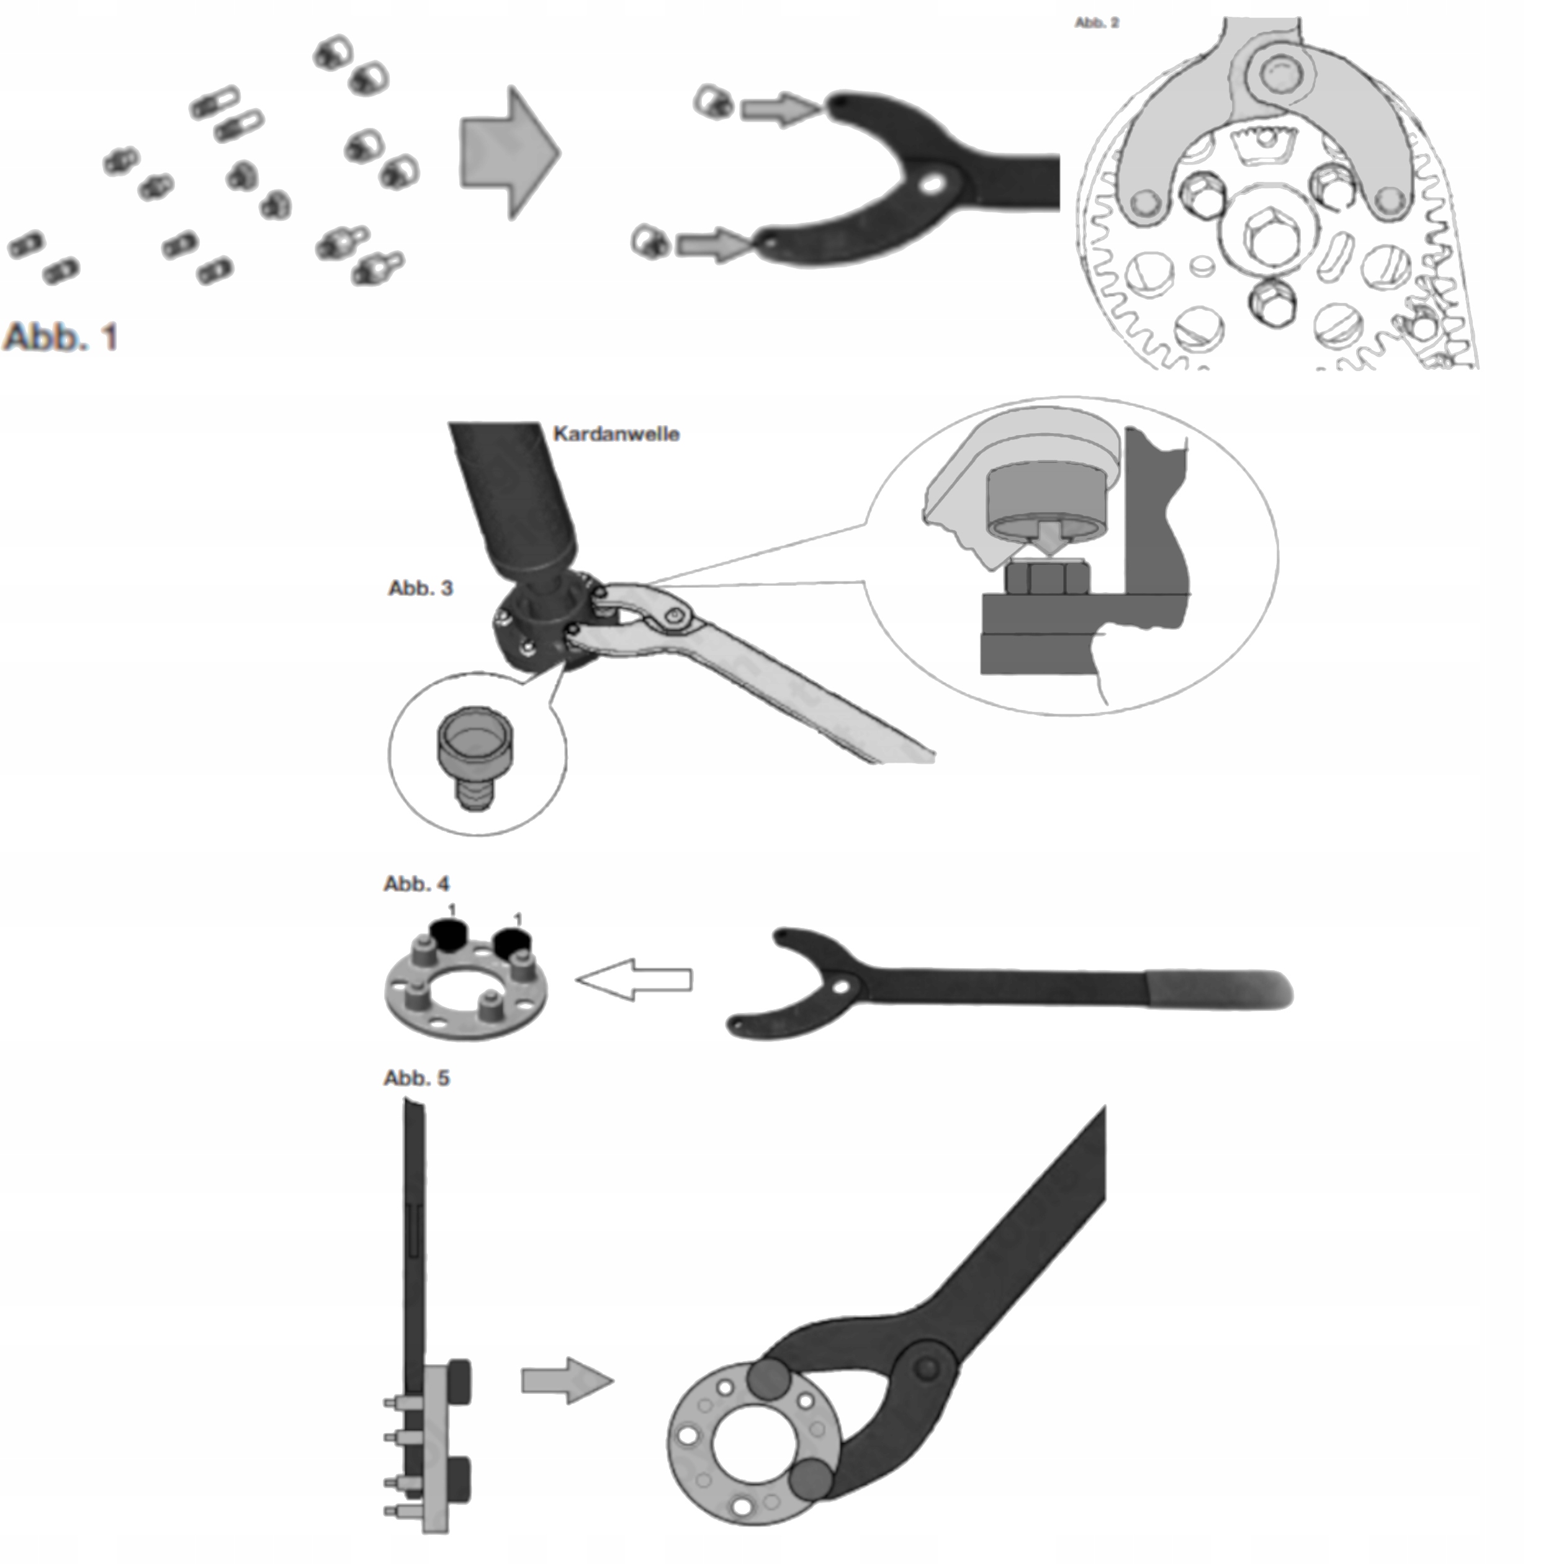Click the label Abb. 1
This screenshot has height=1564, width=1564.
tap(61, 337)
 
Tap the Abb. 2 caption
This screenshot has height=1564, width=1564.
tap(1097, 23)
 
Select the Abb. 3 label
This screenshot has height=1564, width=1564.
tap(420, 588)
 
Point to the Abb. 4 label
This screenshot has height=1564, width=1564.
tap(416, 883)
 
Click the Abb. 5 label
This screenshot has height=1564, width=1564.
tap(416, 1078)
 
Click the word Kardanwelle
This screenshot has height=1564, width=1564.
tap(616, 434)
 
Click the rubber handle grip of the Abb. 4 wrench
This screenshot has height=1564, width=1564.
tap(1216, 990)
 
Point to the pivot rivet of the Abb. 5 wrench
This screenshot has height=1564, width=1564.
tap(928, 1368)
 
